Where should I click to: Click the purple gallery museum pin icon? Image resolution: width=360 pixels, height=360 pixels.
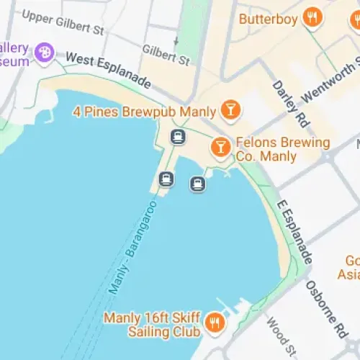tap(45, 52)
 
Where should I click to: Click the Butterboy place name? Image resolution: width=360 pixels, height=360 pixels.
tap(268, 19)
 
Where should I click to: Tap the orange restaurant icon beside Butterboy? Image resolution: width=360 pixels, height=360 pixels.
tap(312, 18)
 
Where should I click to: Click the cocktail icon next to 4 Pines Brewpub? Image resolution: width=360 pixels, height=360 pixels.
tap(230, 110)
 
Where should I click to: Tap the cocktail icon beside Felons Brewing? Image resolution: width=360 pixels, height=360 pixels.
tap(220, 148)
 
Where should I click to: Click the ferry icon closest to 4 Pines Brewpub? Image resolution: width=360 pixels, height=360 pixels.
tap(178, 136)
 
